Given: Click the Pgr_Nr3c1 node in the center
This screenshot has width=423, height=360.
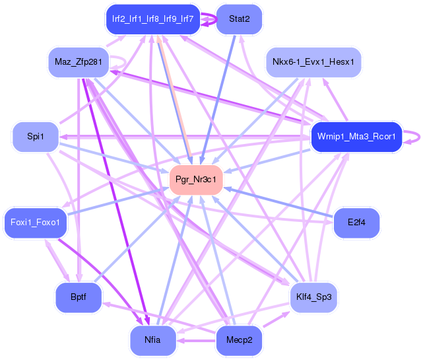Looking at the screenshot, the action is click(196, 180).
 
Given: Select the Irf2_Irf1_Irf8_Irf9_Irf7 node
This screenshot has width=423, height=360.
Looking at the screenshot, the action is click(153, 19).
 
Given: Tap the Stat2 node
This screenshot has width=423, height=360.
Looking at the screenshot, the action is click(240, 19).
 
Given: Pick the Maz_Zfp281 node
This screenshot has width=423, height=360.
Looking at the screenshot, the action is click(79, 62).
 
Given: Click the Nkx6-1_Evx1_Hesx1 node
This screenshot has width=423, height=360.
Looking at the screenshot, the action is click(313, 62).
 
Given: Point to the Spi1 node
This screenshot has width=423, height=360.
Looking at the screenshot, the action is click(36, 137).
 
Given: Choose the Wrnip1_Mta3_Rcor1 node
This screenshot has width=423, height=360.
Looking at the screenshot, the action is click(356, 137).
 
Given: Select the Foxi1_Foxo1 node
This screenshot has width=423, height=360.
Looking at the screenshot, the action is click(36, 223).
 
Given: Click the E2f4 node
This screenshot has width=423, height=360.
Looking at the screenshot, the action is click(356, 223).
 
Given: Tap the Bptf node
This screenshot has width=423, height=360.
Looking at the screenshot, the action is click(79, 297).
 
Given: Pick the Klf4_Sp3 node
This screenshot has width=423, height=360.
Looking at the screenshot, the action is click(313, 297).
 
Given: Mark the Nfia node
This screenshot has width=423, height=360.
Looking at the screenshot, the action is click(153, 340).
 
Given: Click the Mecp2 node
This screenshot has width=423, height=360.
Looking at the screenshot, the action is click(240, 340).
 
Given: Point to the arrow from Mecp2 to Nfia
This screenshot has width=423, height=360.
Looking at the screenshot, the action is click(197, 340).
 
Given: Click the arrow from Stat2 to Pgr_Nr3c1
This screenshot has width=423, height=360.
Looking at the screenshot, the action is click(218, 99).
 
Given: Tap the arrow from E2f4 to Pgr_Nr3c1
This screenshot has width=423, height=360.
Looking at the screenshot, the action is click(278, 202).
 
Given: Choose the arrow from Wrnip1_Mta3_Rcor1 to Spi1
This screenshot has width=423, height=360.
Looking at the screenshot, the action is click(185, 137).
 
